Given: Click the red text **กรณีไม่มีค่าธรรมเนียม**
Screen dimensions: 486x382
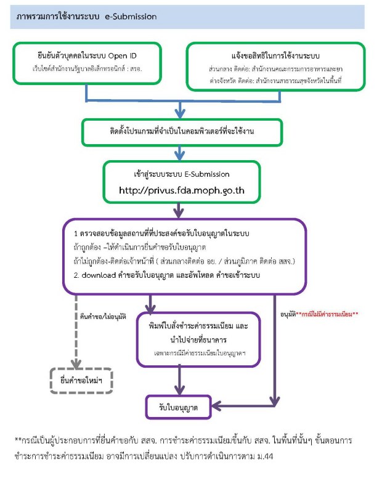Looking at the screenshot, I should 327,314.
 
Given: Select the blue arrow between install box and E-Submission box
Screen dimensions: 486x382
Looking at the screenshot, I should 179,152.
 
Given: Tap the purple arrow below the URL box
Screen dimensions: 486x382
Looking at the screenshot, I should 180,211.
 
